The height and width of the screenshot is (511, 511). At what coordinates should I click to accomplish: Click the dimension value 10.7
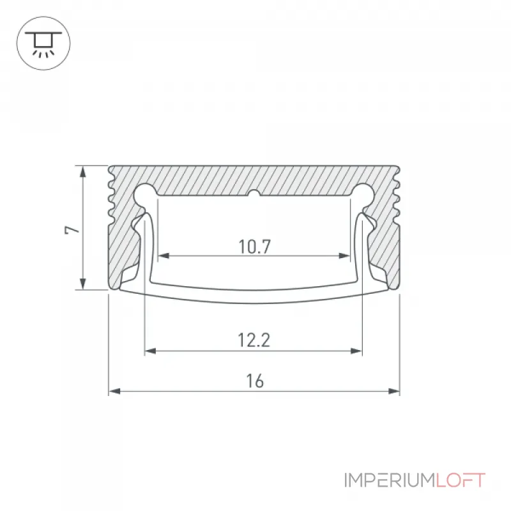point(254,247)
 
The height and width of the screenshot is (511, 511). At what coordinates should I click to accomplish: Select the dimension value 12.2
point(254,340)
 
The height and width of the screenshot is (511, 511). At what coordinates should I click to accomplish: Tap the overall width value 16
point(255,381)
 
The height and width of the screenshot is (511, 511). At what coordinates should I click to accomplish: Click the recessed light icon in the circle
point(43,43)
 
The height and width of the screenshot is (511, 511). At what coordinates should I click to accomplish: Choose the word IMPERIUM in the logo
point(390,480)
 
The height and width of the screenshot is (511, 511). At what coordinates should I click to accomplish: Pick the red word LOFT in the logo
point(461,480)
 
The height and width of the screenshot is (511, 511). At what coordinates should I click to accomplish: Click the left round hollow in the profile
point(145,195)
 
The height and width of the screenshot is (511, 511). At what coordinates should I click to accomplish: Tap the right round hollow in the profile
point(363,195)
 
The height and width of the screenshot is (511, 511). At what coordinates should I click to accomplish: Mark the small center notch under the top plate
point(254,194)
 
